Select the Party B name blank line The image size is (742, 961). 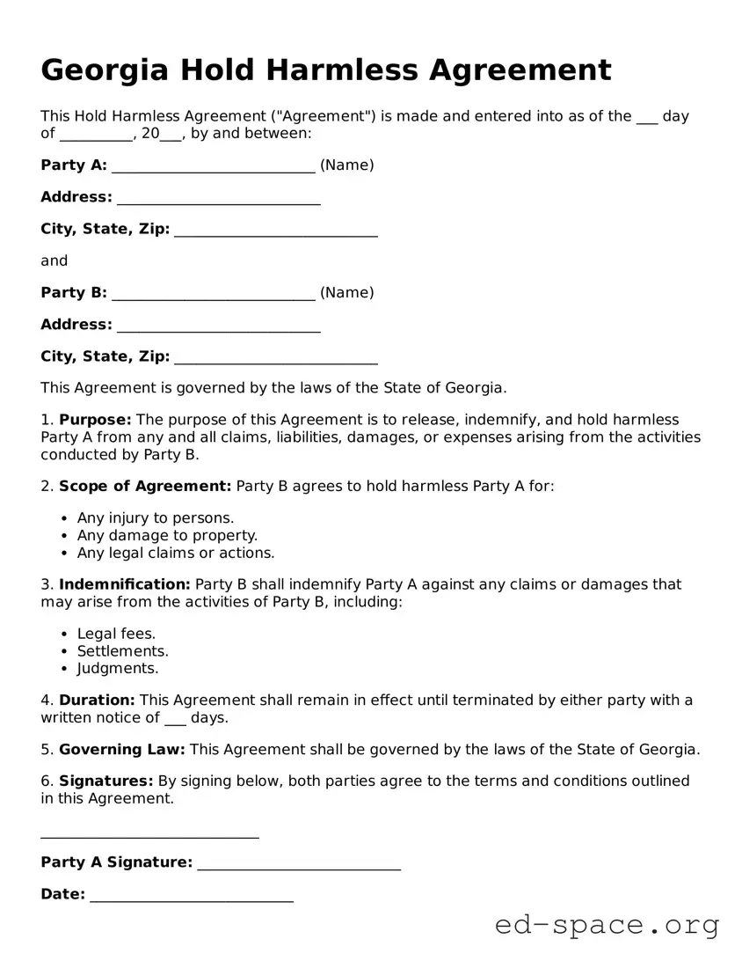point(214,295)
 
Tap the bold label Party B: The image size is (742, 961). point(74,292)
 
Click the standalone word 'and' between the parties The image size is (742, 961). point(54,260)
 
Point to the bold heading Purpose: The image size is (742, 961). point(95,420)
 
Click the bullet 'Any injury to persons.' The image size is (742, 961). point(156,517)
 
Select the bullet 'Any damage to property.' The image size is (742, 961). point(167,535)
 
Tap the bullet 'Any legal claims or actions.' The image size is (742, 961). point(176,553)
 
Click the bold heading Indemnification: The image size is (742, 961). point(124,584)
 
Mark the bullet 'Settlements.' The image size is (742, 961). point(123,651)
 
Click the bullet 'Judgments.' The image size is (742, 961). point(118,669)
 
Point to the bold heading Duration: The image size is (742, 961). point(97,701)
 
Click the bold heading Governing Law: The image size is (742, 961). point(121,750)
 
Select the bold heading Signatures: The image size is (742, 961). point(105,781)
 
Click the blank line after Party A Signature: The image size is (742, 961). point(299,865)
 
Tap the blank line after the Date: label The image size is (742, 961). point(191,898)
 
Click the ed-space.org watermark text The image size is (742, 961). point(607,925)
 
